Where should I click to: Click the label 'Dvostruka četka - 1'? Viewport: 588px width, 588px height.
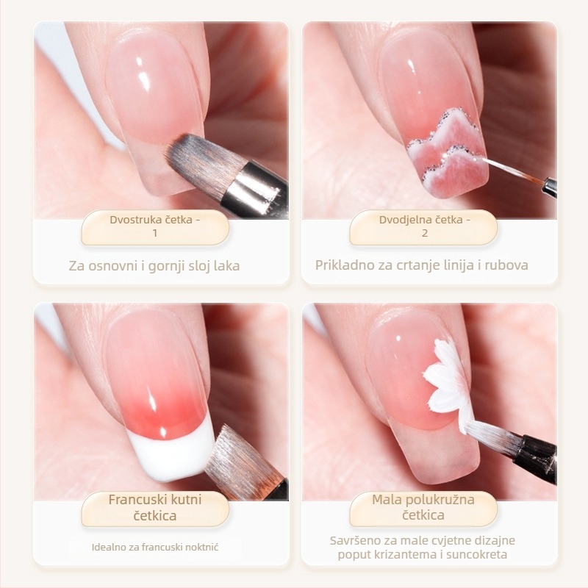pos(155,226)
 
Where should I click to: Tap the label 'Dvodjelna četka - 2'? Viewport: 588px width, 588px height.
pos(425,226)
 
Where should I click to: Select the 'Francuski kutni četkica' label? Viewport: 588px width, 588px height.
pos(155,507)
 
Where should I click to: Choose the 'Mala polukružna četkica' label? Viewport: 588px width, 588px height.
pos(423,507)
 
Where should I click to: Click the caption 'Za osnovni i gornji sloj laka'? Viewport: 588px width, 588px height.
pos(154,266)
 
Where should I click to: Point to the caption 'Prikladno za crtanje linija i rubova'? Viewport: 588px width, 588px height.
pos(421,265)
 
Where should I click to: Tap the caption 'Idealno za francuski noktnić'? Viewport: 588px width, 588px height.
pos(155,547)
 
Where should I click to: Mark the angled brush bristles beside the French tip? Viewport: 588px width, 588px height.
pos(242,462)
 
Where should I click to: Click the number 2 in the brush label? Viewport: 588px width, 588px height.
pos(425,233)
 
